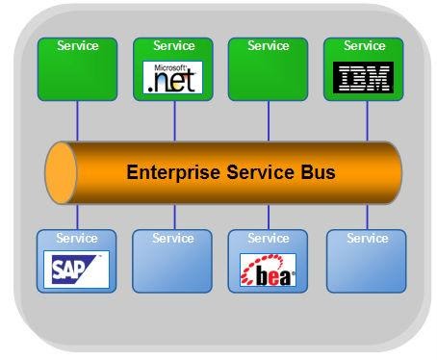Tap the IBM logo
point(365,77)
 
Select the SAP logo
point(77,270)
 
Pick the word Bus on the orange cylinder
point(318,174)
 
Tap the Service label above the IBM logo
point(365,45)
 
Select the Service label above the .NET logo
point(173,45)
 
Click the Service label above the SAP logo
point(77,238)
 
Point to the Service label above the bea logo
point(269,238)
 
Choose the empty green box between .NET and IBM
point(269,75)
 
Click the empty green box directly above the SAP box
point(77,75)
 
